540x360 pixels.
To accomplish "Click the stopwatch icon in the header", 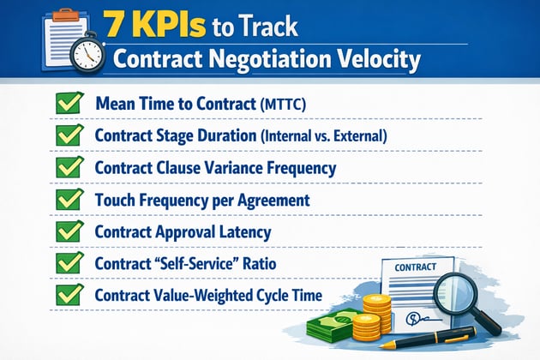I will point(86,52).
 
